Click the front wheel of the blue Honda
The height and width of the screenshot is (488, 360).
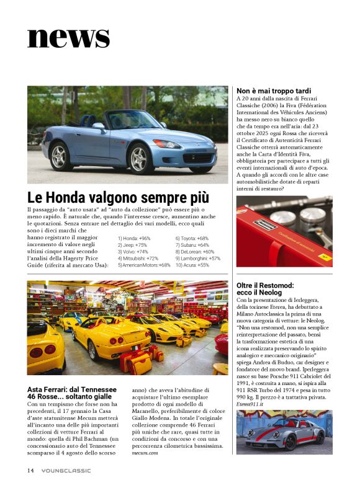(x=140, y=157)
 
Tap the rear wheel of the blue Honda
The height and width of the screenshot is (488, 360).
(x=61, y=157)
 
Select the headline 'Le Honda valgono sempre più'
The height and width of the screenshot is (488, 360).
(x=118, y=198)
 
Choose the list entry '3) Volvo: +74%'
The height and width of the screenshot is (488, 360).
(x=133, y=252)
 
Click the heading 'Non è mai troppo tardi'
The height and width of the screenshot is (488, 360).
(x=274, y=91)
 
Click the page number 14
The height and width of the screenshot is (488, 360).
(x=30, y=470)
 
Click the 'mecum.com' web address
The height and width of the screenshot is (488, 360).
(x=145, y=453)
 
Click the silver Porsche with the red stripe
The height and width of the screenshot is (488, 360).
(x=284, y=433)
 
